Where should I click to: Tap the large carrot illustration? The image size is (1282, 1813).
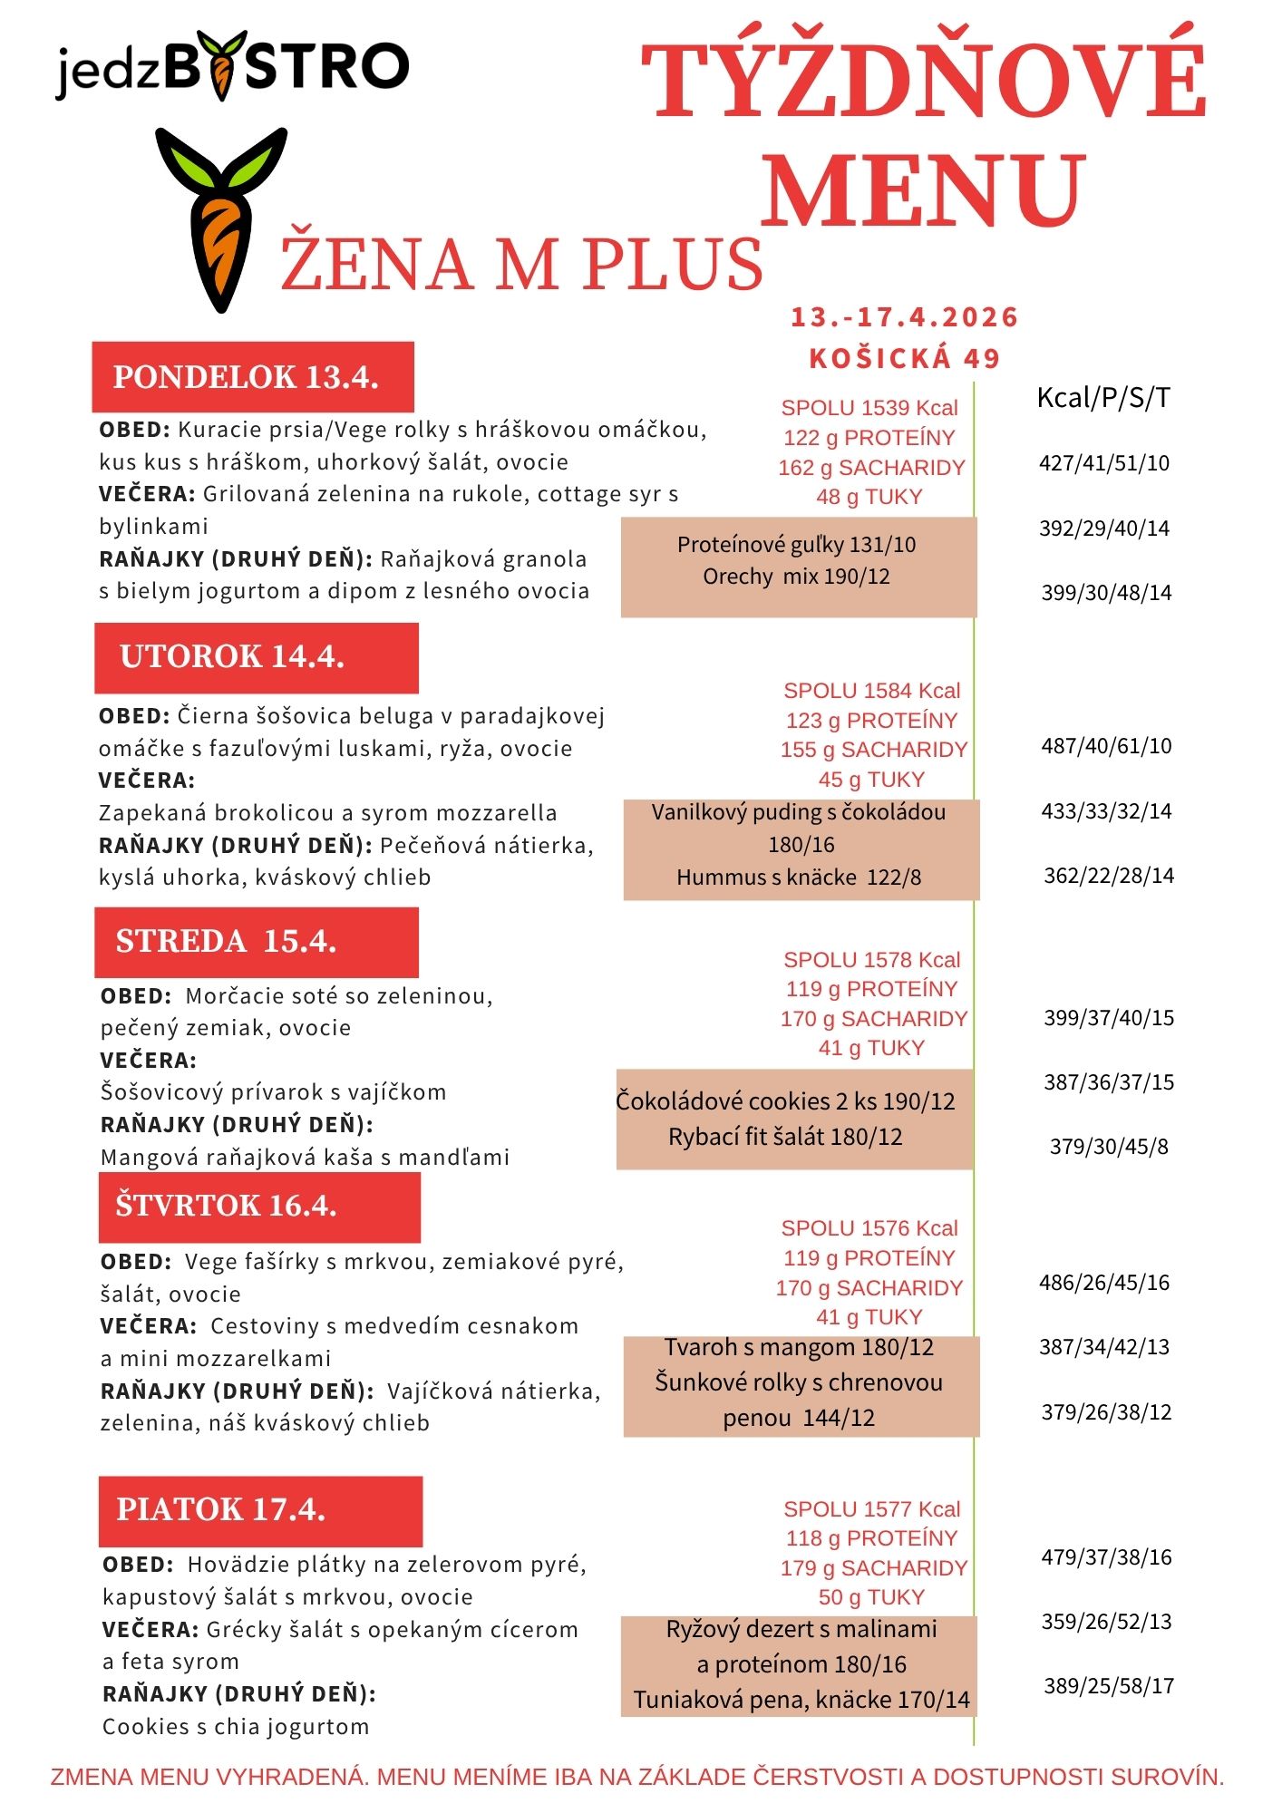click(220, 218)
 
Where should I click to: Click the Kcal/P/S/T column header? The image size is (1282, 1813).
click(1103, 397)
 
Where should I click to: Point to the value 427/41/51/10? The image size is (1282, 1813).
click(1104, 463)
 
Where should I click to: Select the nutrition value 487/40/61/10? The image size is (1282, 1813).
click(1106, 746)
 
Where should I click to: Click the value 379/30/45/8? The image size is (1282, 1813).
click(1109, 1147)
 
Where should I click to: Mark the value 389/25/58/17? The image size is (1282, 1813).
click(1109, 1686)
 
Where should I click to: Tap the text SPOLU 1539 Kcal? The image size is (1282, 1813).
click(869, 408)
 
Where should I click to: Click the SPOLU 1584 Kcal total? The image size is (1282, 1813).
click(871, 691)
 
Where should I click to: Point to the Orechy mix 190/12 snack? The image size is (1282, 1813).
click(796, 577)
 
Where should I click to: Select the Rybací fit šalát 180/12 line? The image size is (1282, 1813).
click(785, 1137)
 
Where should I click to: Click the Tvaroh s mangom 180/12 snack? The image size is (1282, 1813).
click(799, 1348)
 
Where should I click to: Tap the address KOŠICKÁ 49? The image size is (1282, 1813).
click(905, 359)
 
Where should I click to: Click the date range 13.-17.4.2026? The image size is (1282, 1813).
click(905, 317)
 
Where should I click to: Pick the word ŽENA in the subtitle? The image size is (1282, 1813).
click(375, 264)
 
